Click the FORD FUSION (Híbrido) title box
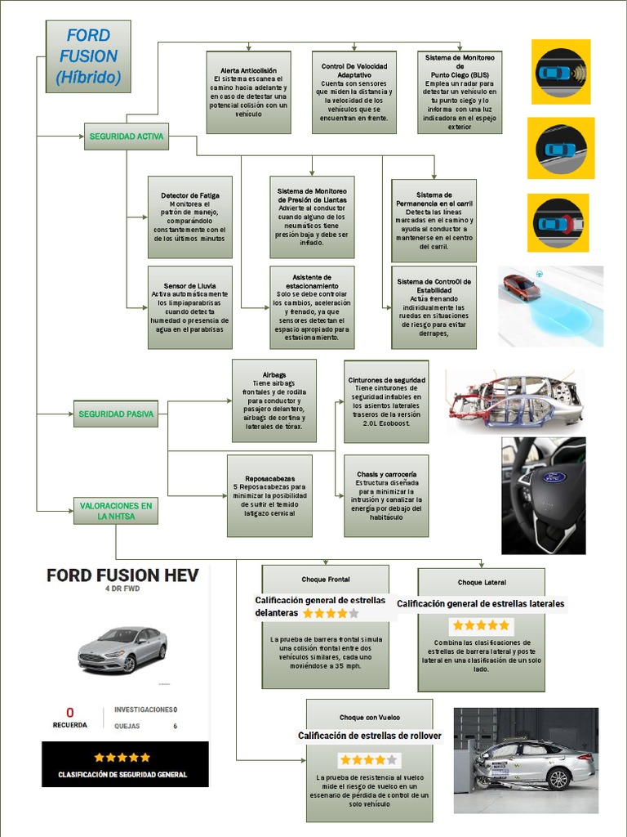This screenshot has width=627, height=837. (x=88, y=56)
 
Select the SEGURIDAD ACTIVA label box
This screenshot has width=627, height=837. (x=126, y=137)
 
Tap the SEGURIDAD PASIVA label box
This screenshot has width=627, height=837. (x=116, y=414)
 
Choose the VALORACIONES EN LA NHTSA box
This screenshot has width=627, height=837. (x=116, y=511)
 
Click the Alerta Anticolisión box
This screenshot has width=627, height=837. (x=249, y=92)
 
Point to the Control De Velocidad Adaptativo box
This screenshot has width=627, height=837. (x=354, y=92)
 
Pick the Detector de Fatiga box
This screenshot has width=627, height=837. (x=189, y=217)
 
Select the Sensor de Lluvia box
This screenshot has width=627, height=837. (x=189, y=307)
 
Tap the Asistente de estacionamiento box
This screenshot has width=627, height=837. (x=312, y=307)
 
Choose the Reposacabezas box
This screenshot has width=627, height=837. (x=269, y=496)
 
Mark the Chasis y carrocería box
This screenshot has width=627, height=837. (x=386, y=496)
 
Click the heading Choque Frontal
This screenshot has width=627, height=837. (x=326, y=580)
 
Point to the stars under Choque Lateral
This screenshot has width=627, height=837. (x=481, y=625)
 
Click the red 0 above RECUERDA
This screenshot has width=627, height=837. (x=70, y=712)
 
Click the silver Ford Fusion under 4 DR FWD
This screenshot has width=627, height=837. (x=122, y=649)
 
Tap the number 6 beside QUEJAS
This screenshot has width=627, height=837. (x=175, y=726)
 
